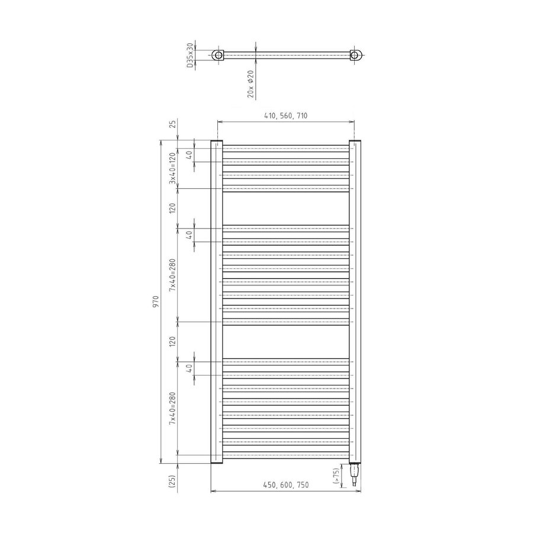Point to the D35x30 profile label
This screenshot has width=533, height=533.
190,55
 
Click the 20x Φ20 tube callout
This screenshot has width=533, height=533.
251,84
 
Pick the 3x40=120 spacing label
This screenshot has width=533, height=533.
172,168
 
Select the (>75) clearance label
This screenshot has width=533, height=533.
336,475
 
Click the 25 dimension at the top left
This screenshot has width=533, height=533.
172,124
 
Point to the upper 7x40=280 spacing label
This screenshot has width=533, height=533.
172,274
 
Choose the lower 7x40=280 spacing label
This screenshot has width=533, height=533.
172,407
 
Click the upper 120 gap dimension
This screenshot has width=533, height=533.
172,207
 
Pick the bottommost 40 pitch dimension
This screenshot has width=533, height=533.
188,368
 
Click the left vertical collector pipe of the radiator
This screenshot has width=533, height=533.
216,302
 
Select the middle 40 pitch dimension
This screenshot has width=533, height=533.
188,235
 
